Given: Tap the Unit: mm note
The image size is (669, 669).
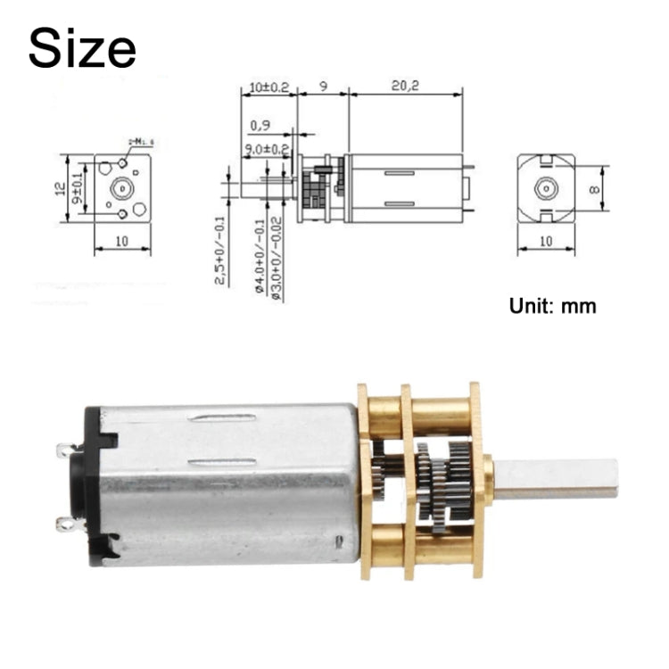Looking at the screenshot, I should pos(552,306).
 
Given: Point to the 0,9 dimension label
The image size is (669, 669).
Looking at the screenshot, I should pos(260,125).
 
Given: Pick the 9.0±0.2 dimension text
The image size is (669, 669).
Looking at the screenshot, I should pos(267,149).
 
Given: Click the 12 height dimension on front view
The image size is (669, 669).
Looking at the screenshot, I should pos(58,188).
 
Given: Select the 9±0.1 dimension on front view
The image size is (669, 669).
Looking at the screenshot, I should pos(77,188).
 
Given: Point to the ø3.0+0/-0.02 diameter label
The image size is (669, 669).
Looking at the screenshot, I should pos(278,259).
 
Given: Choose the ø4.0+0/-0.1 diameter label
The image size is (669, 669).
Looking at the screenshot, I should pos(259,259).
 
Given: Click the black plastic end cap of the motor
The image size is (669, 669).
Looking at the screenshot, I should pos(92,486).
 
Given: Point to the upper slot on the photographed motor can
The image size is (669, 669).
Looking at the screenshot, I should pos(226,417).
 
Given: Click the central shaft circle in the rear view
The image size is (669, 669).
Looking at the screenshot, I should pos(545,188).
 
